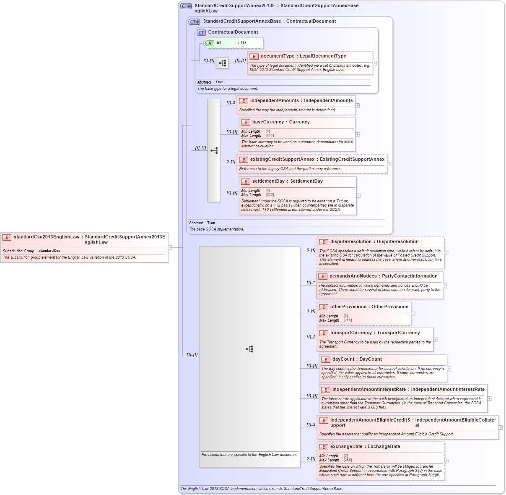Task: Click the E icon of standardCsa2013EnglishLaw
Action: click(x=7, y=237)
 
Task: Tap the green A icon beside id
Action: click(x=210, y=43)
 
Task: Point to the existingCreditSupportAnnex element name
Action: click(x=282, y=160)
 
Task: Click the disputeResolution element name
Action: click(x=350, y=242)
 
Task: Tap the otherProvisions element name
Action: click(x=348, y=307)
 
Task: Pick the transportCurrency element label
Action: click(x=350, y=333)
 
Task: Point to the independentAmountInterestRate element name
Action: click(x=369, y=390)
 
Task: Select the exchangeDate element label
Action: click(x=346, y=447)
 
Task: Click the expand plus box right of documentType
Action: click(x=375, y=63)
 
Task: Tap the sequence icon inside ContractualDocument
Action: click(x=222, y=63)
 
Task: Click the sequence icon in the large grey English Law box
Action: click(x=249, y=349)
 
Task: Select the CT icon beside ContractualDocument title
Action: click(x=201, y=32)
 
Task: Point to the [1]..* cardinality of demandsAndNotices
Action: click(x=310, y=283)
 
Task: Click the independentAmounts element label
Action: click(x=274, y=101)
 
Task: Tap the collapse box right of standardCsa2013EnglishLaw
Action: click(x=170, y=247)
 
